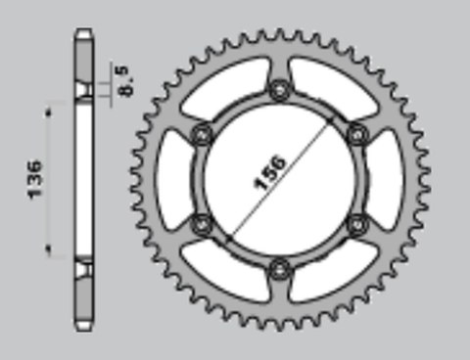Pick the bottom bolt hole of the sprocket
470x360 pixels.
pyautogui.click(x=280, y=266)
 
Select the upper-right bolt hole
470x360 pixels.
pyautogui.click(x=355, y=134)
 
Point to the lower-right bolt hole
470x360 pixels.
pyautogui.click(x=355, y=222)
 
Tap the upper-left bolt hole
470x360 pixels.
pyautogui.click(x=204, y=134)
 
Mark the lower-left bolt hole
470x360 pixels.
pyautogui.click(x=204, y=222)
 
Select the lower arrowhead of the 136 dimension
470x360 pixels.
pyautogui.click(x=46, y=252)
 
